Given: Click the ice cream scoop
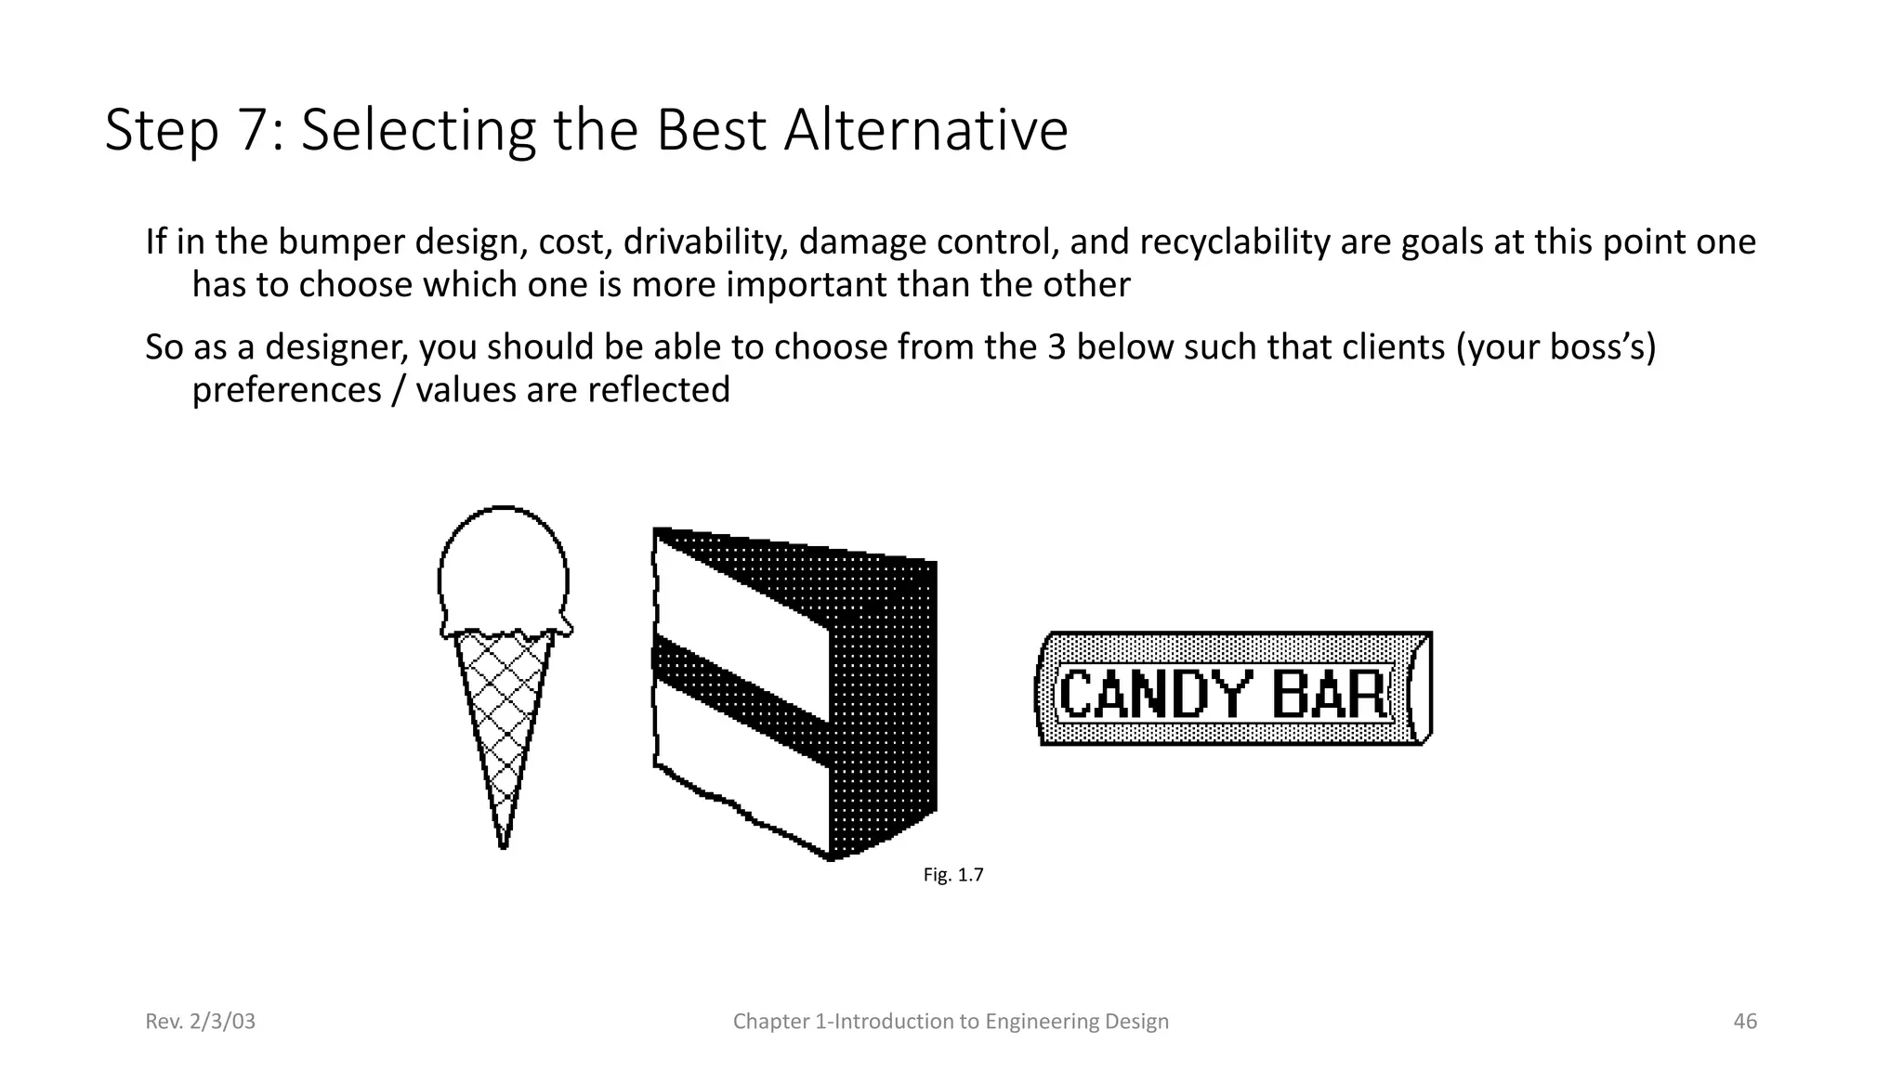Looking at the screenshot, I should [x=503, y=571].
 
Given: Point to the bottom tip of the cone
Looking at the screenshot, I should [x=503, y=843].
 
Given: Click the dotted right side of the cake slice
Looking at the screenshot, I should [x=883, y=706].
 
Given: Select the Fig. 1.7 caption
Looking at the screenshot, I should [x=952, y=875].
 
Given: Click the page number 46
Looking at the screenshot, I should [x=1745, y=1022].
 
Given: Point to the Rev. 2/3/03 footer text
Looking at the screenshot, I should [x=200, y=1022].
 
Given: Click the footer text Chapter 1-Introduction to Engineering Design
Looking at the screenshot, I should [x=951, y=1022].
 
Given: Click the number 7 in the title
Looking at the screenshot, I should [x=253, y=130].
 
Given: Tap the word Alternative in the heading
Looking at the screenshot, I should [x=925, y=130].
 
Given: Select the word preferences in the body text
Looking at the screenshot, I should [x=286, y=389].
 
